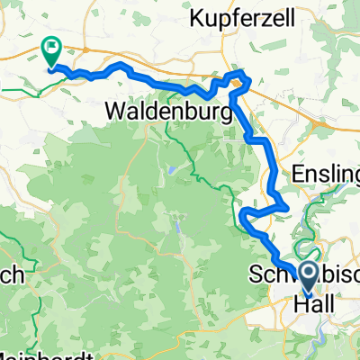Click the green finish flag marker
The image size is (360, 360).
pyautogui.click(x=50, y=50)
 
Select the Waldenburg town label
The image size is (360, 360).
pyautogui.click(x=162, y=112)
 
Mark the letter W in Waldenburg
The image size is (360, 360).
pyautogui.click(x=115, y=112)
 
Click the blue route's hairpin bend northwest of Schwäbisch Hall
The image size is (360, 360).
pyautogui.click(x=244, y=213)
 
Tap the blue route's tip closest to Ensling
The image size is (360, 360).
pyautogui.click(x=286, y=206)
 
